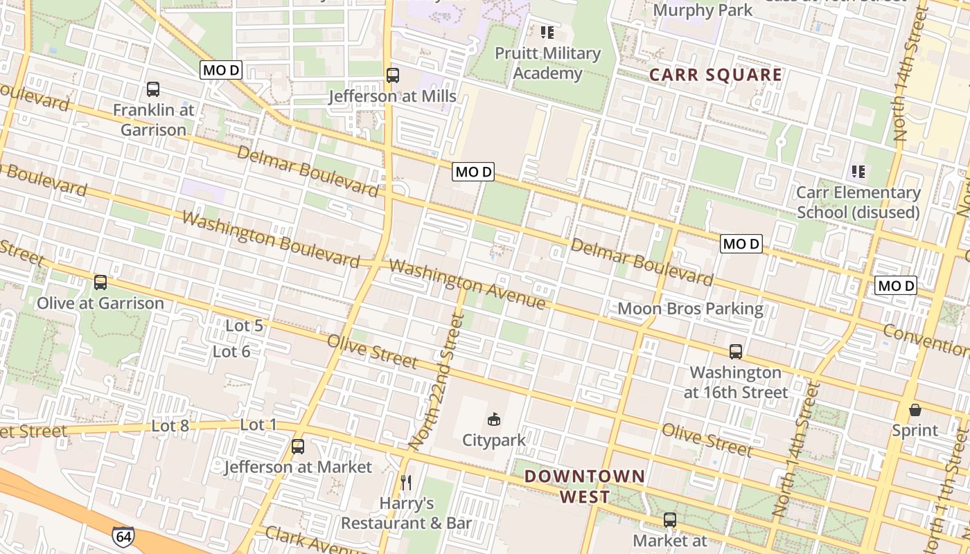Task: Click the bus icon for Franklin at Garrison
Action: click(153, 89)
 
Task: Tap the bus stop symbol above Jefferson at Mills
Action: click(393, 75)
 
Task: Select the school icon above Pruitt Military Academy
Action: click(547, 32)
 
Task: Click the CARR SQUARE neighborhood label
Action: click(716, 75)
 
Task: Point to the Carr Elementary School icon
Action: click(858, 171)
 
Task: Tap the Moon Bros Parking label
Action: click(690, 309)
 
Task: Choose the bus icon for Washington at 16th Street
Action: click(736, 352)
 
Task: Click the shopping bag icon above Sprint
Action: click(915, 409)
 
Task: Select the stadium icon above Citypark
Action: click(494, 419)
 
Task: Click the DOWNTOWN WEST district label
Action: click(585, 486)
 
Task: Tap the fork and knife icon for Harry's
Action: click(407, 482)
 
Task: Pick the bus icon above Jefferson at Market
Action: click(298, 447)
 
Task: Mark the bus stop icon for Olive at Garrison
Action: click(100, 283)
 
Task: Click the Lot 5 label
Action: click(245, 325)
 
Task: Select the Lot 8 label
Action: click(170, 426)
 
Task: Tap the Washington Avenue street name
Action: click(467, 284)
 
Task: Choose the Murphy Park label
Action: click(703, 10)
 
